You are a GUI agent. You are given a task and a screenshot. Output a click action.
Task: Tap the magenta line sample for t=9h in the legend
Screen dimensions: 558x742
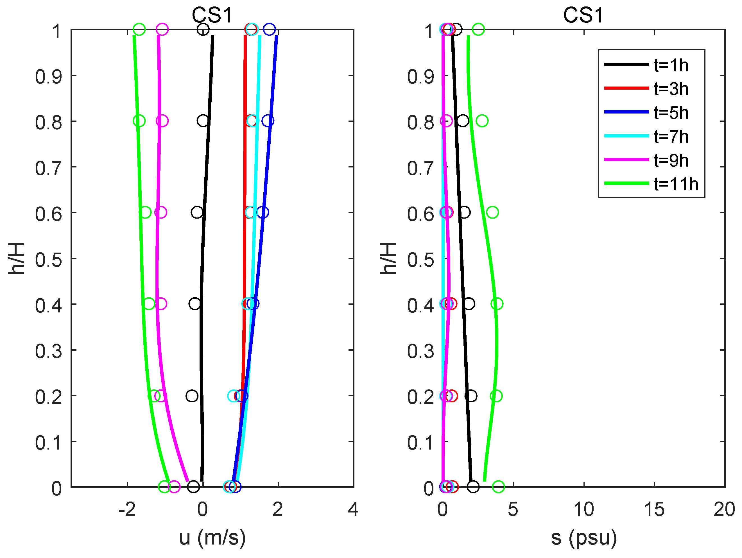[x=626, y=160]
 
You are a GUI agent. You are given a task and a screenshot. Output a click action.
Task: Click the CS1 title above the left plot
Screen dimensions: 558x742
[x=212, y=15]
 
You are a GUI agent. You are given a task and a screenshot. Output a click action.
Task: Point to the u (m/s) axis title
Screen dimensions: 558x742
[x=212, y=537]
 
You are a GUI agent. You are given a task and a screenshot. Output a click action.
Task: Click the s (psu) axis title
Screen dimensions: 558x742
[x=584, y=537]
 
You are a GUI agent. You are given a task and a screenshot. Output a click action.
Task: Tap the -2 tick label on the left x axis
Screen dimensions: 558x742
[x=127, y=509]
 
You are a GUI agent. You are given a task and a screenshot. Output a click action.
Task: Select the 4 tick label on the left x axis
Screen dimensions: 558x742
[x=353, y=509]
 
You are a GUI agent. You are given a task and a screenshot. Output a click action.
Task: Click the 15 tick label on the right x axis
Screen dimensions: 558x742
[x=654, y=509]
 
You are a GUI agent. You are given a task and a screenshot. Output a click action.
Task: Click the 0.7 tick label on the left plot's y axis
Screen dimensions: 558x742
[x=49, y=168]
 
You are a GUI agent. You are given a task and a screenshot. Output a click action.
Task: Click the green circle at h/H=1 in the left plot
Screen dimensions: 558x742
[x=139, y=30]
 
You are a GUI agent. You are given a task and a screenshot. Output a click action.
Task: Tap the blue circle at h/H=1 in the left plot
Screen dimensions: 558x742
[x=269, y=30]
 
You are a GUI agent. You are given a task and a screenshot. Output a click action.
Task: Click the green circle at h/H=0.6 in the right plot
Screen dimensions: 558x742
[x=492, y=212]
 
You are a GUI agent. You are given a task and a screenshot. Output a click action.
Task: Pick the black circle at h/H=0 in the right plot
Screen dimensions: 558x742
[x=473, y=487]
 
